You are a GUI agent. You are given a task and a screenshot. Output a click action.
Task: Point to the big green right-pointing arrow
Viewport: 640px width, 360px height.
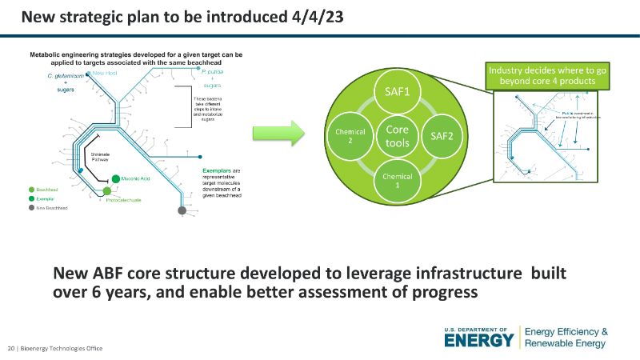tap(273, 131)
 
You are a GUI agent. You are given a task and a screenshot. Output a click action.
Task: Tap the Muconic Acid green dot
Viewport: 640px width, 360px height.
tap(116, 178)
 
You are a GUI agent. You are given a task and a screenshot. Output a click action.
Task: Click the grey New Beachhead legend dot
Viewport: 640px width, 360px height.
tap(31, 207)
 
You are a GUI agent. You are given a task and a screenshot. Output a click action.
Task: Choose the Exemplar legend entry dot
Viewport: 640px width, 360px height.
tap(31, 198)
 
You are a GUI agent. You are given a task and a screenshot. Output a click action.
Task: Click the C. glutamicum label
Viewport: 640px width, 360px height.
tap(65, 75)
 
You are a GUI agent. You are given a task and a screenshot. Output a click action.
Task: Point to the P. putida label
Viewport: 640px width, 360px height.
tap(210, 72)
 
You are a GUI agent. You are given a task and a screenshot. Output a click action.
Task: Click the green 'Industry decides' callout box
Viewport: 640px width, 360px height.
tap(547, 76)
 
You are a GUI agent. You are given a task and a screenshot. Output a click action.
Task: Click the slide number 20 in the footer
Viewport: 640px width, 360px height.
tap(11, 348)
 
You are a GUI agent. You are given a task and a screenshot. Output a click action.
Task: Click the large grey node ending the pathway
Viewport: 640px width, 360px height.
tap(183, 210)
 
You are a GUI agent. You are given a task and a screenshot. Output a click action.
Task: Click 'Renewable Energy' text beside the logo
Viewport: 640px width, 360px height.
tap(566, 343)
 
